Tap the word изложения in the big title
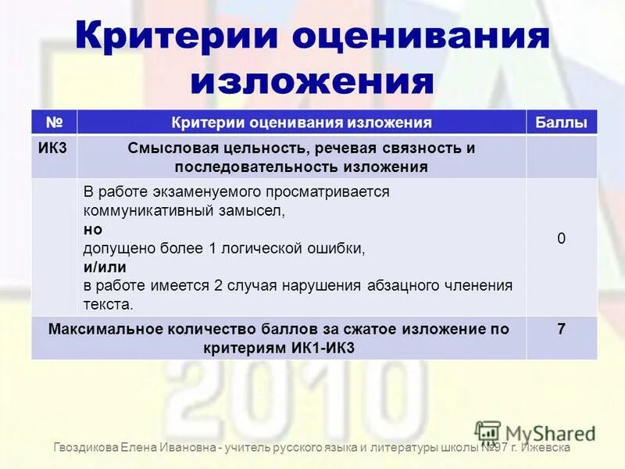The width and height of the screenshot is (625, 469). tap(312, 81)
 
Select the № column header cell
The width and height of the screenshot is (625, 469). tap(54, 122)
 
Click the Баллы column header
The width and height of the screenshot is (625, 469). tap(561, 123)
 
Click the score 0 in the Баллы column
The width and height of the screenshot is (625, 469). tap(561, 239)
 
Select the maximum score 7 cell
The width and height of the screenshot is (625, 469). tap(561, 330)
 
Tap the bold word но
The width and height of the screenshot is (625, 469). tap(92, 230)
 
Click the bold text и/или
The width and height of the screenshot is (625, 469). tap(100, 267)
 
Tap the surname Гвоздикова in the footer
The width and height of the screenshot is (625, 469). tap(86, 448)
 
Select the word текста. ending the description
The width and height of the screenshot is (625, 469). tap(109, 304)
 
